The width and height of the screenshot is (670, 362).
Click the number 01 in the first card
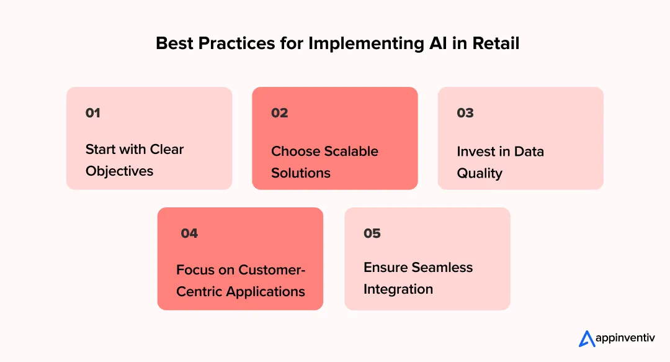point(93,113)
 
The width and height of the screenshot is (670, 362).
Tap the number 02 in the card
point(280,113)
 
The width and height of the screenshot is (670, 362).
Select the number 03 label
point(465,113)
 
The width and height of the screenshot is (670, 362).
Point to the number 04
point(189,233)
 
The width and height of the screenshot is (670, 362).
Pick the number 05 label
point(372,233)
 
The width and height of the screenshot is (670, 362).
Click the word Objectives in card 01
point(119,171)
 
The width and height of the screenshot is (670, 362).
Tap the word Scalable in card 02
point(349,152)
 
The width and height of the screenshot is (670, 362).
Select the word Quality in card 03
point(479,173)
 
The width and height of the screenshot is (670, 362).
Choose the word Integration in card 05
point(398,289)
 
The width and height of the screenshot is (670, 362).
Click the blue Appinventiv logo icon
point(587,338)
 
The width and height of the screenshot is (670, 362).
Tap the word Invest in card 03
point(476,152)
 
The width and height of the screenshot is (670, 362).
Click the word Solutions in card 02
point(301,173)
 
